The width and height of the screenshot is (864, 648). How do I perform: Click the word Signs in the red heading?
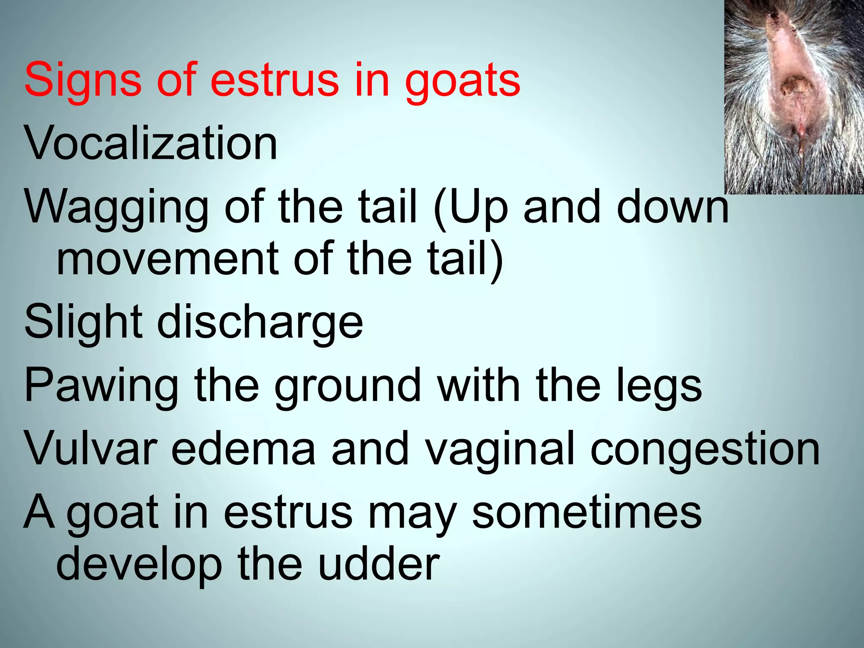point(83,80)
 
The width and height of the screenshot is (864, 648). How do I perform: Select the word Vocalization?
point(151,143)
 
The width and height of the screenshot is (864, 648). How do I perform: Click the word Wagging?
point(116,207)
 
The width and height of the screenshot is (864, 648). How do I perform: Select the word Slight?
point(83,323)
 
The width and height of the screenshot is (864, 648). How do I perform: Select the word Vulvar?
point(91,449)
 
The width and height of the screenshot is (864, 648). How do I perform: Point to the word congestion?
point(705,449)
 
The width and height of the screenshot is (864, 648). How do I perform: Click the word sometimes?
point(586,512)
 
